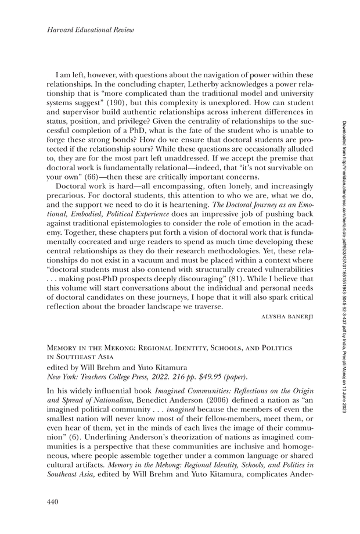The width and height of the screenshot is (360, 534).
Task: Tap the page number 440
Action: click(53, 501)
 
